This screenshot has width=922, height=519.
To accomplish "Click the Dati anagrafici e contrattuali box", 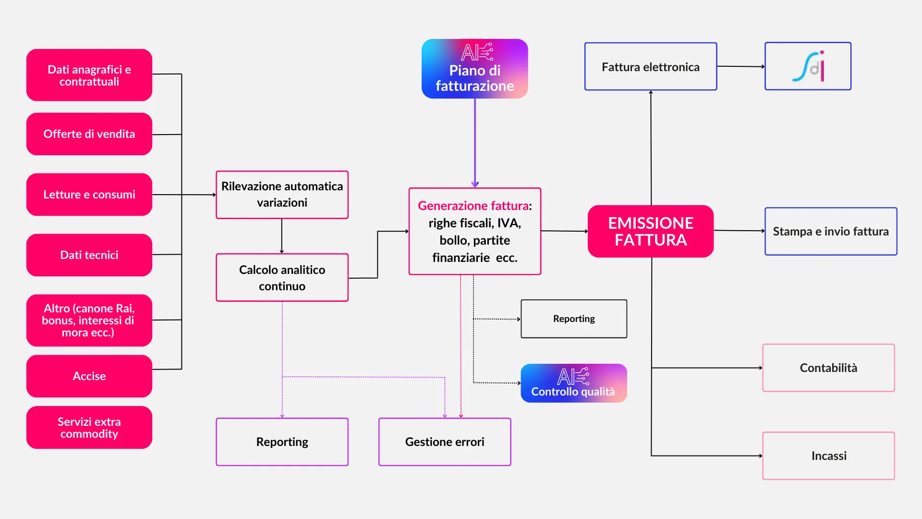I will (x=89, y=75).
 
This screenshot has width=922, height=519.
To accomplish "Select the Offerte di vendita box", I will (x=89, y=134).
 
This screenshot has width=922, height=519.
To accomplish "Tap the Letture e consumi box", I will (x=89, y=195).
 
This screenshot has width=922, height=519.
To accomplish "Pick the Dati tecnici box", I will (x=89, y=255).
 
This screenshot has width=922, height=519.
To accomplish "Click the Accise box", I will (x=89, y=376).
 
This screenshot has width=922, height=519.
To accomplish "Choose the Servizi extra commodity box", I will (x=89, y=428).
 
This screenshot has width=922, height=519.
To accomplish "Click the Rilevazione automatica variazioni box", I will (x=282, y=195).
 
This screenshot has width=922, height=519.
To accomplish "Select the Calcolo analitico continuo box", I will (x=282, y=278).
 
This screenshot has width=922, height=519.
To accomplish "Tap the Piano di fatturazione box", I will (x=474, y=69).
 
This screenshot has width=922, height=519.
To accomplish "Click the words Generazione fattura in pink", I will (x=473, y=206).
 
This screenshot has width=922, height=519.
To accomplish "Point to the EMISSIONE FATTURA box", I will (x=651, y=231).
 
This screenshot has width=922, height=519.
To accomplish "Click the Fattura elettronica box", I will (x=651, y=67).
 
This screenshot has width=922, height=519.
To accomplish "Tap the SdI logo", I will (x=808, y=66).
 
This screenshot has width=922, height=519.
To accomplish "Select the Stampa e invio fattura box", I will (x=831, y=231).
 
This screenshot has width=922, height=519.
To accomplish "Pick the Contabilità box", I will (x=828, y=368).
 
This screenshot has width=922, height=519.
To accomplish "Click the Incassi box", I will (x=828, y=456).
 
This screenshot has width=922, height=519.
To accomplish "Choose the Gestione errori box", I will (x=445, y=442).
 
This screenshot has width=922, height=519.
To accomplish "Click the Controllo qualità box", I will (x=574, y=383).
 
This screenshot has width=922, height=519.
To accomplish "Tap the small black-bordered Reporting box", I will (x=574, y=319).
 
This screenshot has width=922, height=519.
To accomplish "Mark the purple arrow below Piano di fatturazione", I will (x=475, y=144).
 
